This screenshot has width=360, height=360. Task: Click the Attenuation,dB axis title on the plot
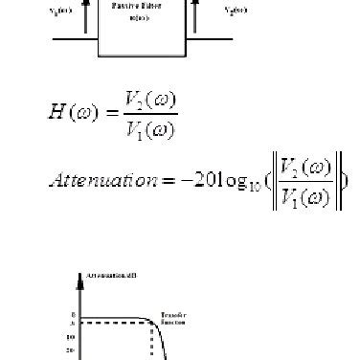(116, 275)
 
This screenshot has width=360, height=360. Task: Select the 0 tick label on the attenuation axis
(72, 313)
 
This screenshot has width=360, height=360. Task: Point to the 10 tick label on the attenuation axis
(71, 336)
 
